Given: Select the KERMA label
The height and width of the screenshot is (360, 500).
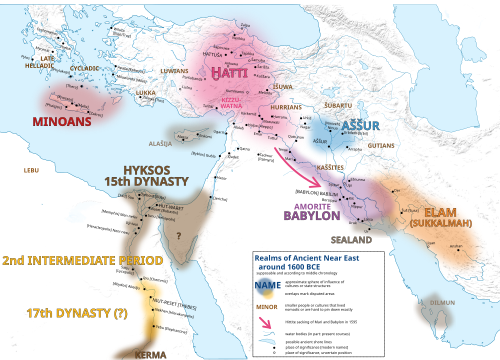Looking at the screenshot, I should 151,353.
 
